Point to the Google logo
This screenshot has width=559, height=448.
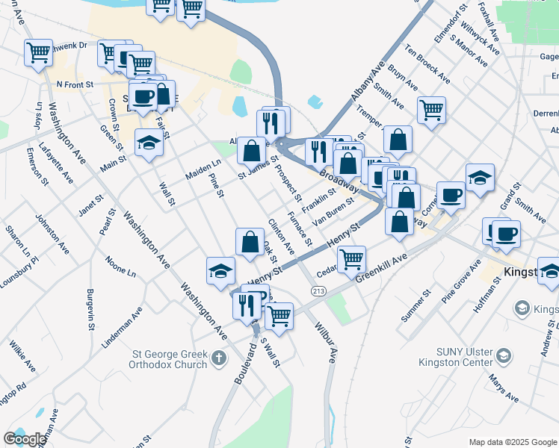tap(24, 439)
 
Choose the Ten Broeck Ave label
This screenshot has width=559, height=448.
tap(427, 63)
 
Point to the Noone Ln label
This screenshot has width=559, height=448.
tap(120, 267)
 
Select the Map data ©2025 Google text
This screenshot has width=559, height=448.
tap(512, 441)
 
